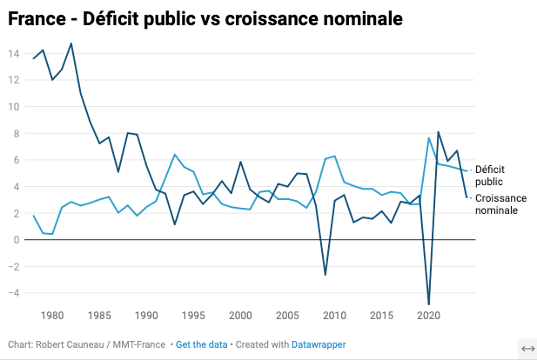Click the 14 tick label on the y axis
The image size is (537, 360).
pos(14,54)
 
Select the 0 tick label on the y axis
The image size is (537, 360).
pos(16,239)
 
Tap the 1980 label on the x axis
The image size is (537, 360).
pos(52,315)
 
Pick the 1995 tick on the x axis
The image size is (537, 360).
pos(193,315)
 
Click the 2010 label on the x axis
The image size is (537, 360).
pos(334,315)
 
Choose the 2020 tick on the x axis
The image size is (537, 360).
pos(428,315)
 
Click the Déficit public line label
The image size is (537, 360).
pos(492,175)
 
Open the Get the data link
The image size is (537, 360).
pos(201,345)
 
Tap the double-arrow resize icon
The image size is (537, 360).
pos(527,348)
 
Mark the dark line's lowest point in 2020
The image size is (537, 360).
pos(428,304)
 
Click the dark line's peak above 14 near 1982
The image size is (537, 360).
pos(71,43)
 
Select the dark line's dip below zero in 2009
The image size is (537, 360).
pos(326,275)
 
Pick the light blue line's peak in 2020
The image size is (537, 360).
pos(429,138)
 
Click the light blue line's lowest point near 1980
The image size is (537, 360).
pos(52,234)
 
